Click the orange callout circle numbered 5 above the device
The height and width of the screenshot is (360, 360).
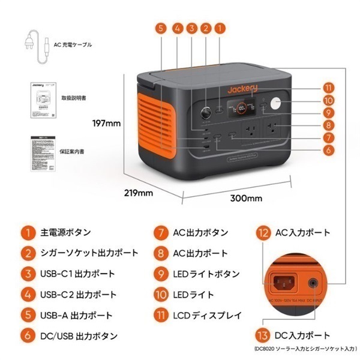coord(160,28)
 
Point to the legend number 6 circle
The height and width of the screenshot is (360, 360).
coord(27,336)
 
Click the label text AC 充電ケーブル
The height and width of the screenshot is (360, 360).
coord(73,44)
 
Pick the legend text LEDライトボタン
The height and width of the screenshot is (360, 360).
coord(208,274)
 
